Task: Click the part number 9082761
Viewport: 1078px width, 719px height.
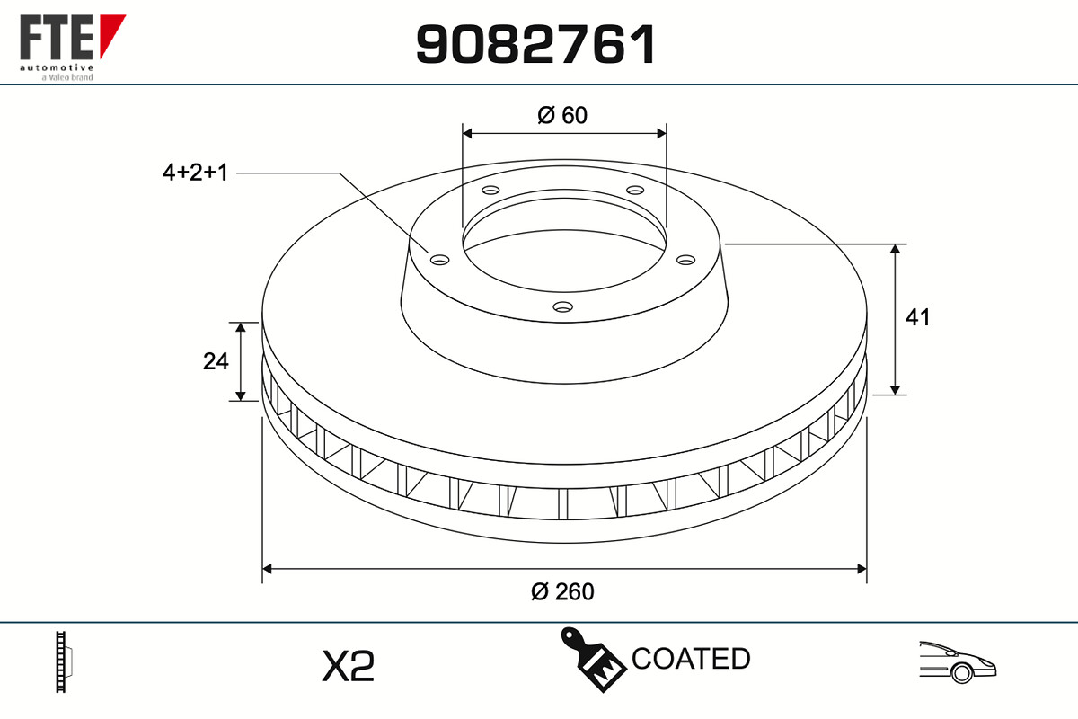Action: point(535,44)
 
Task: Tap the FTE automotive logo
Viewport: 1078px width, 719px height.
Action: point(73,48)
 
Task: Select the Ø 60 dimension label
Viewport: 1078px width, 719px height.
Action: point(562,115)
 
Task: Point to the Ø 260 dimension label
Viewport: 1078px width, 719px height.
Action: point(562,591)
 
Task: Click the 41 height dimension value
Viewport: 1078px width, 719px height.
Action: point(917,317)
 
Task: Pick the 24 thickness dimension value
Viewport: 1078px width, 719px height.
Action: point(216,361)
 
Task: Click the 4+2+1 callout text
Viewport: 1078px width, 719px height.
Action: point(195,173)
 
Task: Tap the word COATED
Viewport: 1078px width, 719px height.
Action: point(691,658)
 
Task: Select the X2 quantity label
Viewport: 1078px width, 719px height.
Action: point(348,666)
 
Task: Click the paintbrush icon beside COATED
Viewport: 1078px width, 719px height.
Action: point(594,660)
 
